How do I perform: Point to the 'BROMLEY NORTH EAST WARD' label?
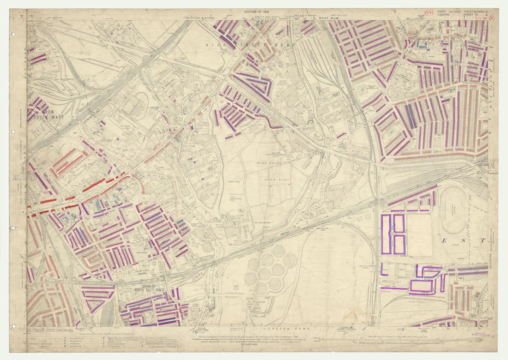pyautogui.click(x=148, y=287)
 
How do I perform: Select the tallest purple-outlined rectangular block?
pyautogui.click(x=386, y=234)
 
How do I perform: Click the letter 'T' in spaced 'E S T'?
pyautogui.click(x=483, y=240)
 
